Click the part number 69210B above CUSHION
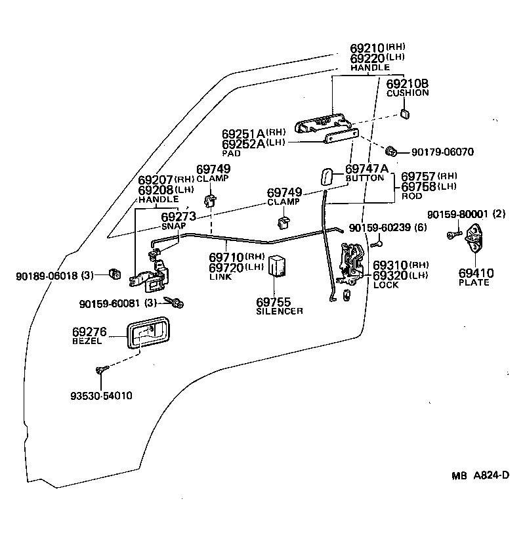pyautogui.click(x=407, y=83)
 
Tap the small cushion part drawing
pyautogui.click(x=404, y=114)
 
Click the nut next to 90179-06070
pyautogui.click(x=391, y=152)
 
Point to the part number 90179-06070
pyautogui.click(x=442, y=152)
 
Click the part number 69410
pyautogui.click(x=476, y=273)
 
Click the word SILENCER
pyautogui.click(x=280, y=311)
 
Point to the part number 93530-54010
pyautogui.click(x=101, y=396)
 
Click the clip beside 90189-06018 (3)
pyautogui.click(x=115, y=273)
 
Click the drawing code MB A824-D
pyautogui.click(x=480, y=476)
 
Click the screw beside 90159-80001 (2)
pyautogui.click(x=452, y=234)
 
